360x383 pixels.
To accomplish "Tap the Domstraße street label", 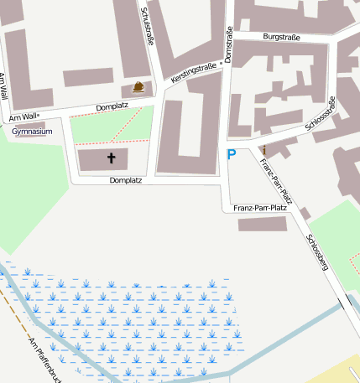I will click(229, 44).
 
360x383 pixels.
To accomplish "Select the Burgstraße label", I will click(281, 37).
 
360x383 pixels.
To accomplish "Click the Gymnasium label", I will click(33, 132).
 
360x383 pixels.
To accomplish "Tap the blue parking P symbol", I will click(232, 153).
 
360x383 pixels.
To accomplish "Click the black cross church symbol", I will click(111, 158).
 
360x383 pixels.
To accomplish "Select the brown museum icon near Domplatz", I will click(138, 86).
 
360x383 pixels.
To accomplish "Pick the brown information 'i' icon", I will click(263, 150).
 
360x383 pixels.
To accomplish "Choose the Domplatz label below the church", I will click(126, 180).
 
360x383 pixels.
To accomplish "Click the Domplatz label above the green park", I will click(112, 107).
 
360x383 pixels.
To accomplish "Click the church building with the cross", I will click(102, 158).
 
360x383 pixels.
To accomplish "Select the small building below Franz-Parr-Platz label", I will click(262, 224).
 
